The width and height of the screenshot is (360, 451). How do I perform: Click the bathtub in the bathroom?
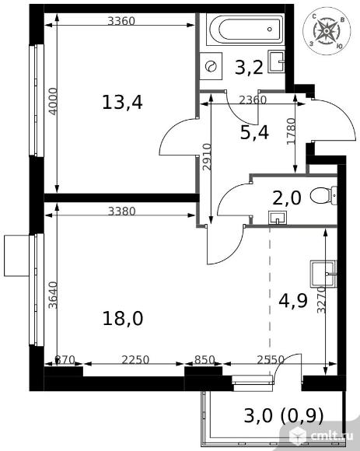click(x=246, y=29)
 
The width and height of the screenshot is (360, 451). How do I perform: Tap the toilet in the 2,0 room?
click(x=323, y=196)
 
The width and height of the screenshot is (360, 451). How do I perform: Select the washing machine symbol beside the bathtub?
click(x=211, y=66)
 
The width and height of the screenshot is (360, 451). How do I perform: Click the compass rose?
click(x=327, y=31)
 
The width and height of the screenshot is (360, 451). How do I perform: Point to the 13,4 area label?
click(x=122, y=103)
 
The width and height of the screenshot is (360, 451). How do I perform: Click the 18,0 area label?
click(x=123, y=319)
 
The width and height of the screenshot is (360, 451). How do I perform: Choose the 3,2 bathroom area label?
click(x=249, y=68)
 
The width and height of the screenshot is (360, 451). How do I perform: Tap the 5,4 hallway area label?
click(x=254, y=133)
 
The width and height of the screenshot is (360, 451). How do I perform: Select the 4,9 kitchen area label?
click(x=293, y=301)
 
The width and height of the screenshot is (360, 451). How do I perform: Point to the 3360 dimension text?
click(x=121, y=21)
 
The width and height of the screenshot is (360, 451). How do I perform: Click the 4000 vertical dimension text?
click(x=53, y=102)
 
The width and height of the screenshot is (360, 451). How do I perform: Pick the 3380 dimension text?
click(x=121, y=212)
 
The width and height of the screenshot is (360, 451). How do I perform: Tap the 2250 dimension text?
click(x=135, y=359)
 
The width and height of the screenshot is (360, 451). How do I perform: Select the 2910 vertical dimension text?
click(x=207, y=157)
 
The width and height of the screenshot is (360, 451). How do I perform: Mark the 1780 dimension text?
click(x=291, y=131)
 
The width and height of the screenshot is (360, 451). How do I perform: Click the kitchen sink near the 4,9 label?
click(x=323, y=274)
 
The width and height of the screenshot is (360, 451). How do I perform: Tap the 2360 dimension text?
click(x=253, y=100)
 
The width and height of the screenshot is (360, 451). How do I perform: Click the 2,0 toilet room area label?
click(x=287, y=198)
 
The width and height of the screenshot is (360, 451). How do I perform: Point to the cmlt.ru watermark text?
click(x=332, y=436)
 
